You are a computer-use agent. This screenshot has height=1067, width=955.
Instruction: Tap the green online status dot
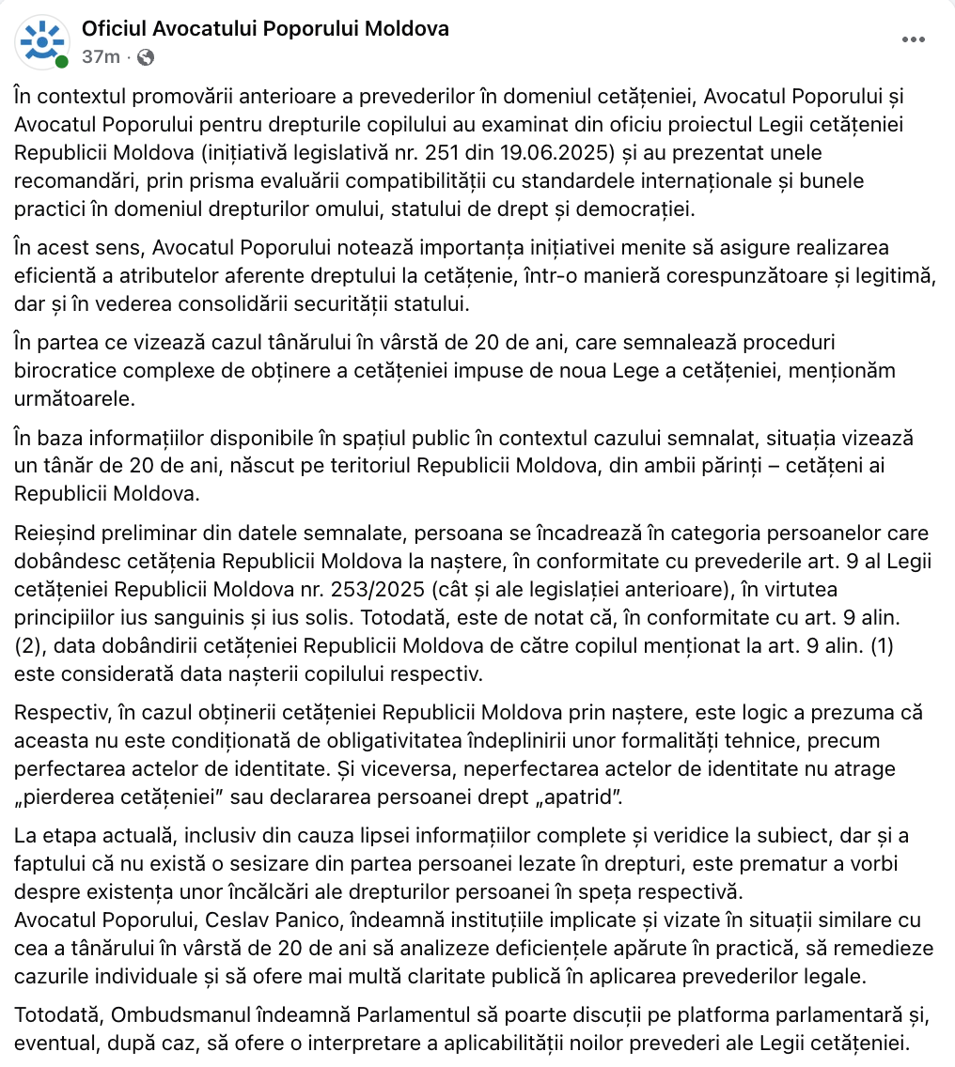point(62,62)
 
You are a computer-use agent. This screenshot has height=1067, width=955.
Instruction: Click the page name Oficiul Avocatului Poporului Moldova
point(265,29)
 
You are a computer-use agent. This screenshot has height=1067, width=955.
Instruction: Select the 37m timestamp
point(101,56)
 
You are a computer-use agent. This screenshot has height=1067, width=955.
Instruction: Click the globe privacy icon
point(145,57)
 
